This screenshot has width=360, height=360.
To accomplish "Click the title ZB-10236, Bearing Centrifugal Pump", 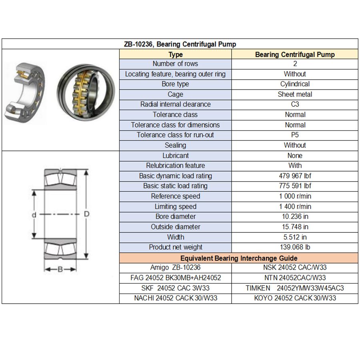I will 180,44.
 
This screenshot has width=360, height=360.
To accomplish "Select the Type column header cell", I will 175,54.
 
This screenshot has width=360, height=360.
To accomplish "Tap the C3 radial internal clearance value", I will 295,104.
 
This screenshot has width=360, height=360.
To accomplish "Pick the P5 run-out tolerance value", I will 295,135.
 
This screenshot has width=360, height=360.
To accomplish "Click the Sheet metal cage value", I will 295,94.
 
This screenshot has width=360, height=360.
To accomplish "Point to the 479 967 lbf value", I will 295,176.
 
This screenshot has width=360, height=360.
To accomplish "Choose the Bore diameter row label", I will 175,217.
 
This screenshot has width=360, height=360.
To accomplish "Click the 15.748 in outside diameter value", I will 295,227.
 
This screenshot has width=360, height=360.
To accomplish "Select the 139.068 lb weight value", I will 295,247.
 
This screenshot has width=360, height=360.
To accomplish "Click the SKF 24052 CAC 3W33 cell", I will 175,288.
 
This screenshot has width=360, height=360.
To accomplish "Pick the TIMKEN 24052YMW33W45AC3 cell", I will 295,288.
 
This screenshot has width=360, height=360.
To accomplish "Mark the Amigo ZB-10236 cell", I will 175,268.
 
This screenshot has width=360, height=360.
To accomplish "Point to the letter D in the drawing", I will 86,214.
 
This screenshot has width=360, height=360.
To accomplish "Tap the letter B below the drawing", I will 60,269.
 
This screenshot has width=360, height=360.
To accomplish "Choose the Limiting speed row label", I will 175,206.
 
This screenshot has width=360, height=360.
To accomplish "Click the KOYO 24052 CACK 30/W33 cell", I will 295,298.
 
